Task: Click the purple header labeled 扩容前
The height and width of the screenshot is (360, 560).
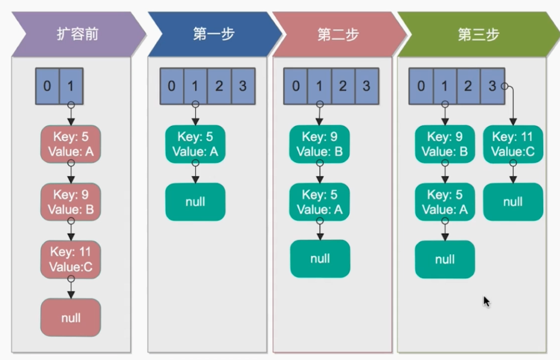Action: [x=75, y=34]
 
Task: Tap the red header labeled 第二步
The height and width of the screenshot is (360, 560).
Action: [x=337, y=34]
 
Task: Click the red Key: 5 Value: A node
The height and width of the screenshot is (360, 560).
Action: [x=70, y=144]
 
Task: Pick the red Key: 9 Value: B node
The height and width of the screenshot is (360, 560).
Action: [x=70, y=202]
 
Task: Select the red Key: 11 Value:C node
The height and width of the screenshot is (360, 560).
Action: [x=70, y=260]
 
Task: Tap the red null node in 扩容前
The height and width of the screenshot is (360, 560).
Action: [x=70, y=318]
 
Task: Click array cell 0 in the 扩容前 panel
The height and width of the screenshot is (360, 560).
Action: [x=47, y=86]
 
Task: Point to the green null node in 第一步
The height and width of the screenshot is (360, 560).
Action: [x=195, y=202]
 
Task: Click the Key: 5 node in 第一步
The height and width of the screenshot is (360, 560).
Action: [x=195, y=144]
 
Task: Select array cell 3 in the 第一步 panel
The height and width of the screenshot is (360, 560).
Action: [x=242, y=86]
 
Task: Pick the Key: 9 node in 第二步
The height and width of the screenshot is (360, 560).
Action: [x=319, y=144]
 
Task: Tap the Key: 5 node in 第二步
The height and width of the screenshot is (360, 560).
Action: [x=319, y=202]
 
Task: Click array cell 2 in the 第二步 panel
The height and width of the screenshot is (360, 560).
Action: [x=343, y=86]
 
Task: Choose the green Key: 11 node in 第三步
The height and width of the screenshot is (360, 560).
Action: [x=513, y=144]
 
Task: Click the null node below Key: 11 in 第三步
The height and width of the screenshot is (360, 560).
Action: [x=513, y=202]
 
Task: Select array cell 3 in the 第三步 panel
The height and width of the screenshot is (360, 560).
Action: [x=492, y=86]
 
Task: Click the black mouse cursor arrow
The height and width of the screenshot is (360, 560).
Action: [x=486, y=301]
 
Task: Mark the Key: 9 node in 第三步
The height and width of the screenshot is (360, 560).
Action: [x=445, y=144]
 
